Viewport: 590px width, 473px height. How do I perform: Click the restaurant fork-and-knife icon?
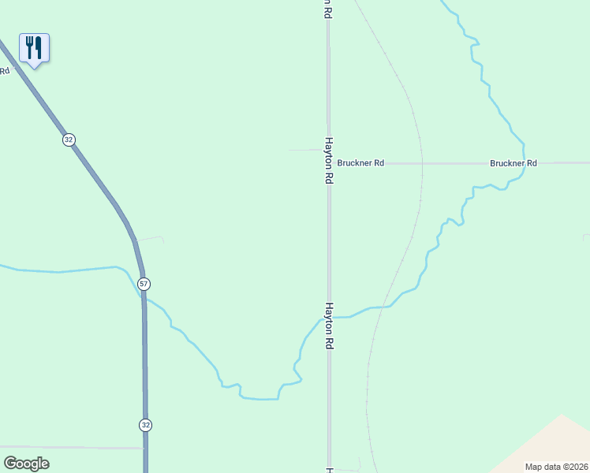[x=34, y=48]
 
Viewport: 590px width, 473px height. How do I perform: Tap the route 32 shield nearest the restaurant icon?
[x=69, y=140]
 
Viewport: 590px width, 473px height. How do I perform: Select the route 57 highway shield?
[x=143, y=284]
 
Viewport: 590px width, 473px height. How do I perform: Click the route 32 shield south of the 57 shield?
[x=145, y=425]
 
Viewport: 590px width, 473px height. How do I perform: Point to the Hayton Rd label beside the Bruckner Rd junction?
[x=328, y=161]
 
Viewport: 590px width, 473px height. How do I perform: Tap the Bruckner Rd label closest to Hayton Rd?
[x=360, y=163]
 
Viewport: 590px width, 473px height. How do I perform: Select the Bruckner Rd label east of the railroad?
[x=513, y=163]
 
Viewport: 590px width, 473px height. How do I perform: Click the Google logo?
[x=27, y=464]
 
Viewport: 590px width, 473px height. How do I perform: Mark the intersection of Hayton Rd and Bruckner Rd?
[x=329, y=163]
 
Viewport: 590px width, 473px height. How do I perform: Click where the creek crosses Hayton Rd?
[x=329, y=318]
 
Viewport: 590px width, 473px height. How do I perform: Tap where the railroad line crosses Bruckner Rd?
[x=422, y=163]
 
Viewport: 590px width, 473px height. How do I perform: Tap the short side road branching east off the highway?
[x=150, y=238]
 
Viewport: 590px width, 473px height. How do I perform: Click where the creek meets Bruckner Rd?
[x=522, y=163]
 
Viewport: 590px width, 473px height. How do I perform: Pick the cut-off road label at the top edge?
[x=326, y=8]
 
